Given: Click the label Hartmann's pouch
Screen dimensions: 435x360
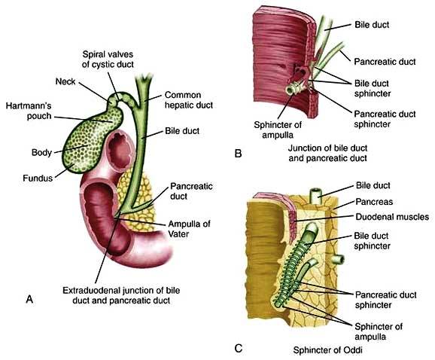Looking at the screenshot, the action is click(29, 111).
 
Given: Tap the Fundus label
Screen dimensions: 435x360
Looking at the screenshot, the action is click(38, 178).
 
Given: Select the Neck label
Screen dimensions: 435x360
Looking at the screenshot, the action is click(65, 81).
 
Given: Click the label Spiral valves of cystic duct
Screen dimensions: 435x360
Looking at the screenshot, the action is click(108, 59).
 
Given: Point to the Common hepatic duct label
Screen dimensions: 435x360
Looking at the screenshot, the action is click(189, 100).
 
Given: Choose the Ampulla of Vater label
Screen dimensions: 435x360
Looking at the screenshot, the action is click(189, 229).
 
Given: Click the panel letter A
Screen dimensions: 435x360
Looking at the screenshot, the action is click(29, 299).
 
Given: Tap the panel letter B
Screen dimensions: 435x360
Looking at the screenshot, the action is click(238, 153).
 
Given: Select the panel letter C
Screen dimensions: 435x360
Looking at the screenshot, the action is click(239, 348).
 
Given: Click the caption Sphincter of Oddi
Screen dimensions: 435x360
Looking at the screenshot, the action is click(327, 350).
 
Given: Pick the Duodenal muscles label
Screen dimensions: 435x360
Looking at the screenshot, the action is click(392, 216).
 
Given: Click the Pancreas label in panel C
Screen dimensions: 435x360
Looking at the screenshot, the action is click(374, 202).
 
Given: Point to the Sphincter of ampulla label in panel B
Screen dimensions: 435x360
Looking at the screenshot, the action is click(278, 130).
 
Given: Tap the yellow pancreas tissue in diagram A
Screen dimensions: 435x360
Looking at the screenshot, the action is click(136, 200).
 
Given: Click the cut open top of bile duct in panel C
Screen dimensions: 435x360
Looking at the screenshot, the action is click(316, 192).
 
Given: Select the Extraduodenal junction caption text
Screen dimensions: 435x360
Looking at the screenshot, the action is click(121, 295).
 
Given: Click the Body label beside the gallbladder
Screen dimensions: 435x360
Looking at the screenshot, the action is click(41, 152).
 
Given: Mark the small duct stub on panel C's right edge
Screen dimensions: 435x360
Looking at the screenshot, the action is click(339, 259).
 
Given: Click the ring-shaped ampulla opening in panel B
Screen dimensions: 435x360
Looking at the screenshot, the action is click(291, 90).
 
